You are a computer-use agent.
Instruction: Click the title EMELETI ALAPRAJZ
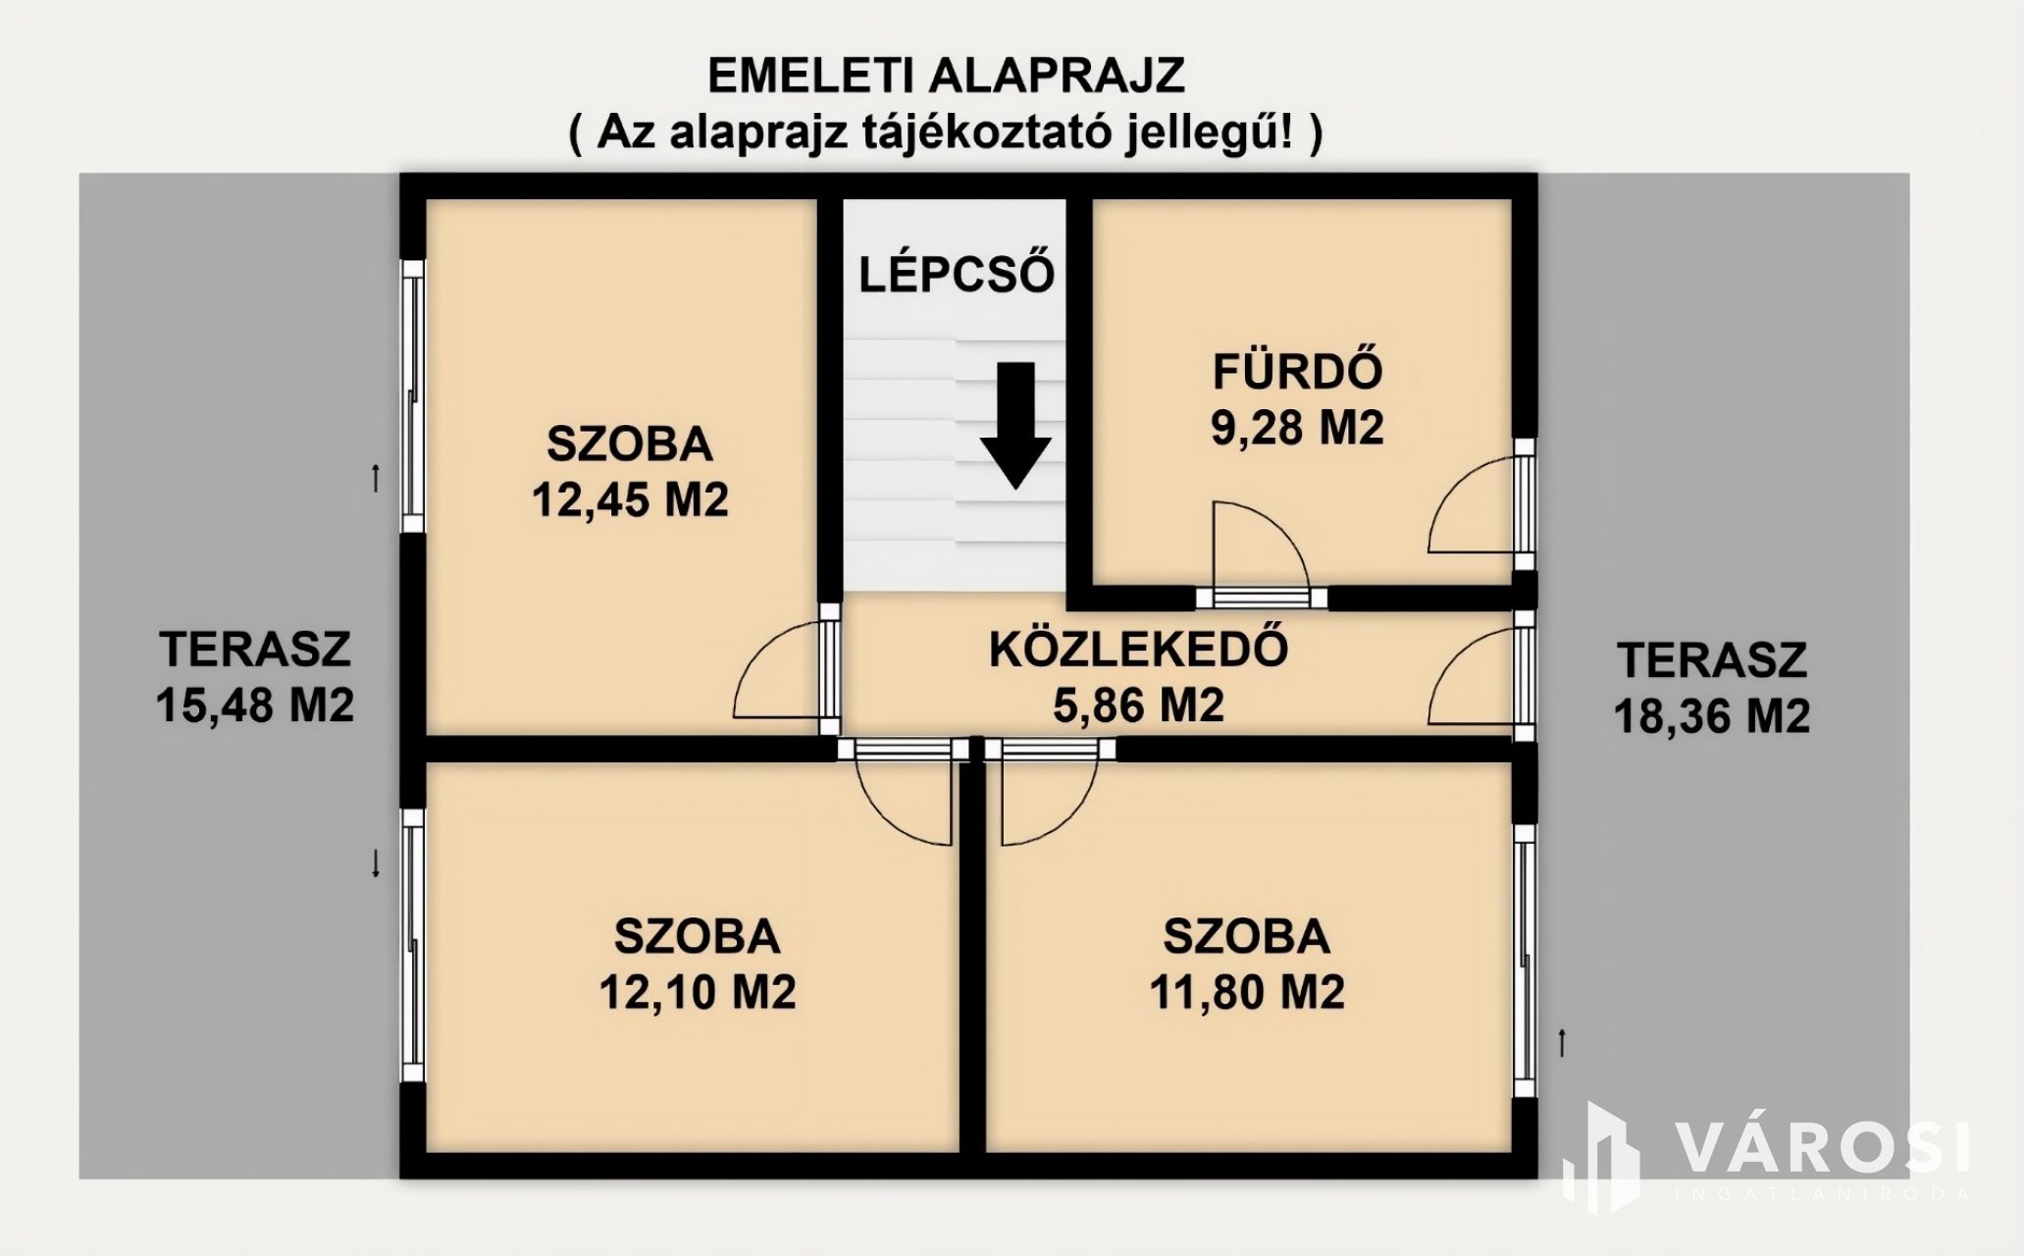tap(946, 76)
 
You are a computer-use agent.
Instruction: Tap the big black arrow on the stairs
tap(1015, 425)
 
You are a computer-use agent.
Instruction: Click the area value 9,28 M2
tap(1297, 428)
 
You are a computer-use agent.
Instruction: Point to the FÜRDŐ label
tap(1298, 371)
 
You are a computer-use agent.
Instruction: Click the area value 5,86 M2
tap(1138, 706)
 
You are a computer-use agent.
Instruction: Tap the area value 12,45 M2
tap(630, 501)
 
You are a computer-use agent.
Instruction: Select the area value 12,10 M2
tap(698, 993)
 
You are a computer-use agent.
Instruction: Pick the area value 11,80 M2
tap(1246, 993)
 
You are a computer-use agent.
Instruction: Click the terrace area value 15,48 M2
tap(255, 706)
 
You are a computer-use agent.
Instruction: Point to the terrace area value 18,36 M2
tap(1712, 716)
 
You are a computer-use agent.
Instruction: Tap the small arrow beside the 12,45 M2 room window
tap(375, 478)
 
